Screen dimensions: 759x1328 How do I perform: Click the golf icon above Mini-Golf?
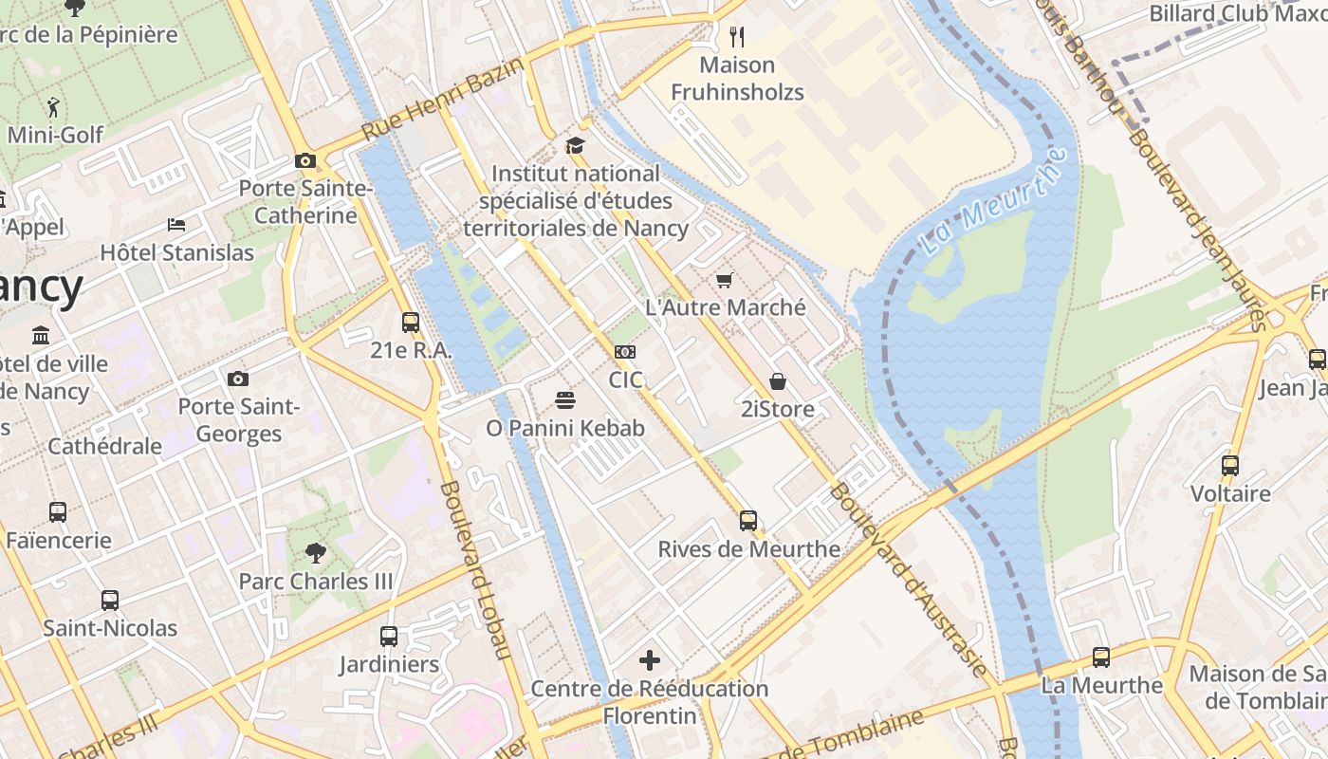point(53,105)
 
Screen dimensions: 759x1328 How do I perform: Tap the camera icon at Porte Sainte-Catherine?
point(304,160)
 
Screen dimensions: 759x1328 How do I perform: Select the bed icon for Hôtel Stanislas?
point(176,225)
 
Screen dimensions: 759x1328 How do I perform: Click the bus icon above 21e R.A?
point(410,322)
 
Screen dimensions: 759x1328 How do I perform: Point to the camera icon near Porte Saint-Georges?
point(238,379)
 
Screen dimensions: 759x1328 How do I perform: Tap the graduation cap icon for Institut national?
point(575,145)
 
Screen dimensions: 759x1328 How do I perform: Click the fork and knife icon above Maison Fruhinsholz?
point(737,37)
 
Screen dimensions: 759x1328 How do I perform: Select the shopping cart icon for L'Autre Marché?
point(725,280)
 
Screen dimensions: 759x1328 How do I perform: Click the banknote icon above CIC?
point(624,351)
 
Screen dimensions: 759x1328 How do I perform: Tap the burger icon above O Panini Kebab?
point(565,400)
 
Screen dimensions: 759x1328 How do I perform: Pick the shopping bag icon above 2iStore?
point(777,381)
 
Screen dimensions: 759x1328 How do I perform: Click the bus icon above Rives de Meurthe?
point(748,520)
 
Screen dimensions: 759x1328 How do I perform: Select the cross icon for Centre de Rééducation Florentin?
point(650,660)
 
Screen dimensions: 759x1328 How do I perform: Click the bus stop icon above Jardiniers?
point(389,636)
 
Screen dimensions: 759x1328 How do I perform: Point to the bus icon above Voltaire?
point(1230,466)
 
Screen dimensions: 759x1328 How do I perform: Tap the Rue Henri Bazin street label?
point(443,98)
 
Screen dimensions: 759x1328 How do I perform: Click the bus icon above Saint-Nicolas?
point(110,600)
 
